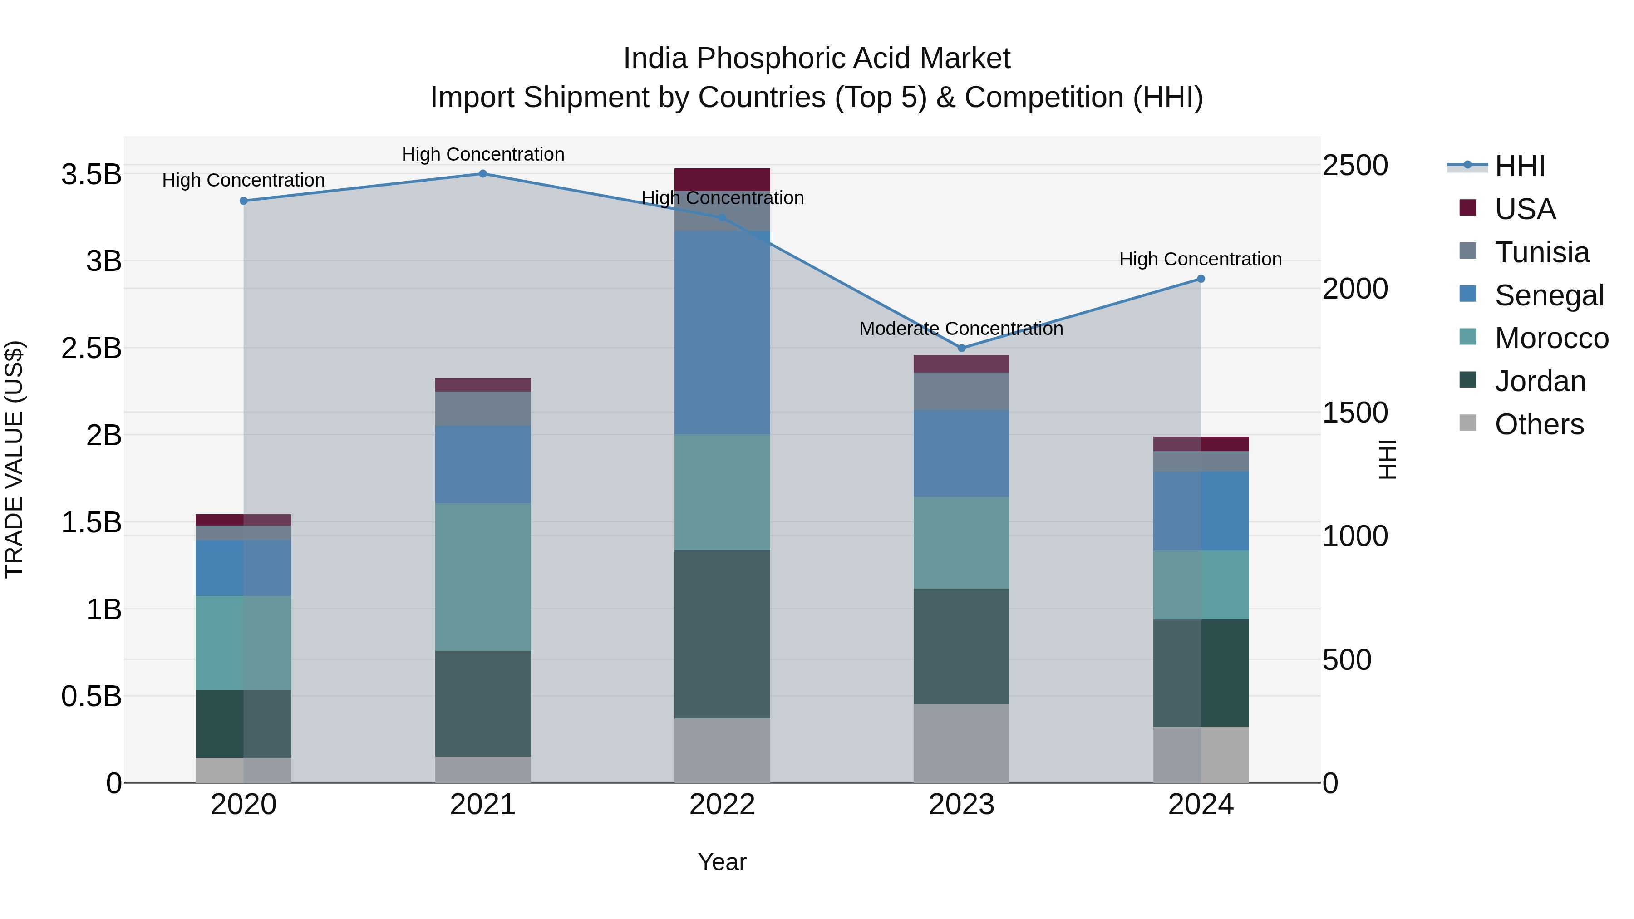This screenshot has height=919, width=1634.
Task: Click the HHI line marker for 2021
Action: coord(483,174)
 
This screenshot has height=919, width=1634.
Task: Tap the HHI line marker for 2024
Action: coord(1200,279)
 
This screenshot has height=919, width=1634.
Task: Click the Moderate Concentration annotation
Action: coord(960,329)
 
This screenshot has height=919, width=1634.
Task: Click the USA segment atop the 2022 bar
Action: coord(722,179)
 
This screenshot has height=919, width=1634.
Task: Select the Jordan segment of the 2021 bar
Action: coord(483,703)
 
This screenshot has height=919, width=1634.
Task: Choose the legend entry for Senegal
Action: coord(1548,295)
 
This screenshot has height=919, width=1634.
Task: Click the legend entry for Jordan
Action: coord(1540,382)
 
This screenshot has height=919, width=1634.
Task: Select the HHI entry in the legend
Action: coord(1519,166)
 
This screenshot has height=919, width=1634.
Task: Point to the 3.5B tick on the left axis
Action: coord(91,174)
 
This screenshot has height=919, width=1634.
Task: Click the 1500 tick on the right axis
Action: coord(1355,413)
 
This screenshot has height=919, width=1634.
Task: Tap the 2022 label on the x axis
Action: coord(722,805)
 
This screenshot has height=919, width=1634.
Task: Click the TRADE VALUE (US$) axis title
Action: coord(14,459)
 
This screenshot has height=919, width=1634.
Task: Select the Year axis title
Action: coord(722,862)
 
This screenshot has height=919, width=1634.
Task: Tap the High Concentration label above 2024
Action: coord(1200,260)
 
